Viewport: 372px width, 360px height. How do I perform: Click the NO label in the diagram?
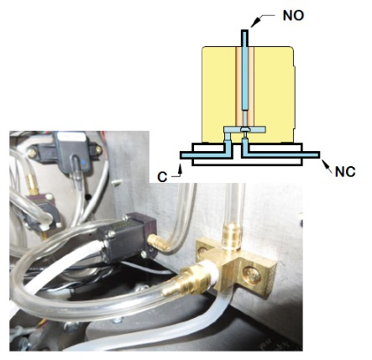click(x=293, y=15)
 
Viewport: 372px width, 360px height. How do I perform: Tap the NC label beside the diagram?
click(x=345, y=171)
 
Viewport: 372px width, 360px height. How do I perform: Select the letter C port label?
click(x=162, y=177)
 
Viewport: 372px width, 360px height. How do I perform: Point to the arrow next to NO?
click(x=261, y=20)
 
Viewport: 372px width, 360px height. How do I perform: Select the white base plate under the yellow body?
click(x=247, y=154)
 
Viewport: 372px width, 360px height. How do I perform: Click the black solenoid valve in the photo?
click(x=126, y=237)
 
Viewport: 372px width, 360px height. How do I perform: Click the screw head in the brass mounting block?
click(x=252, y=274)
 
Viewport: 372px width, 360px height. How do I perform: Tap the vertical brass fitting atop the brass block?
click(x=231, y=235)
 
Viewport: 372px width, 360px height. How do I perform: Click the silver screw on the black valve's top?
click(x=112, y=234)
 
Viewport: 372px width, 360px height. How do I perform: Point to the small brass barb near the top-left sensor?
click(x=32, y=184)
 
